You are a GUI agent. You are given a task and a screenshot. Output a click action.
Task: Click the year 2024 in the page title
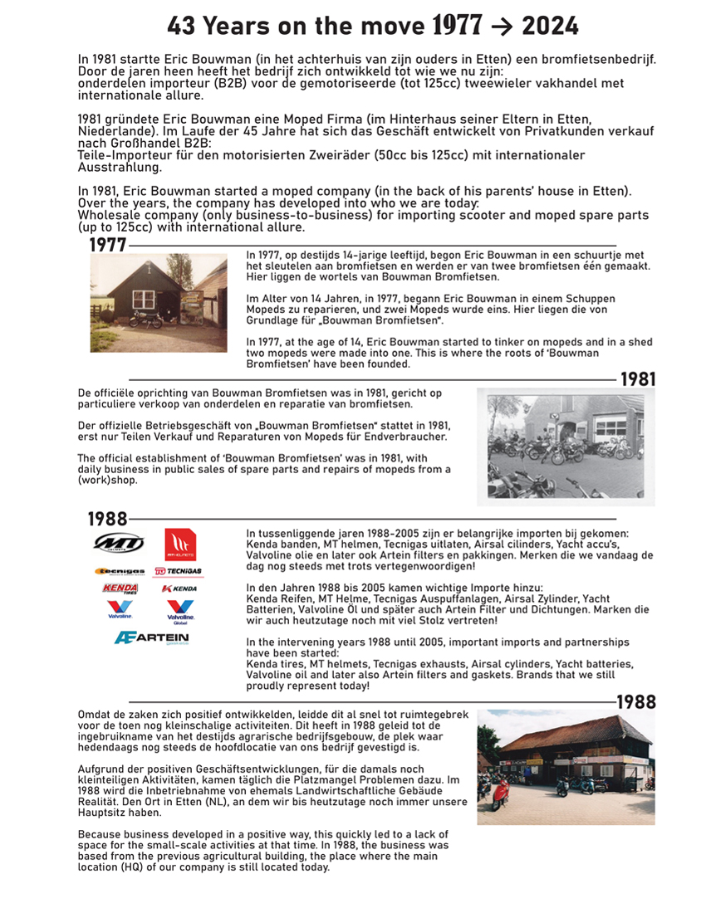(550, 26)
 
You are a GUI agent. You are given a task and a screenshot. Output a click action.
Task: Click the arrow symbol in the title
(503, 27)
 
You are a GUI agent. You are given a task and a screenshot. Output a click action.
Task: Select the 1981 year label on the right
(638, 379)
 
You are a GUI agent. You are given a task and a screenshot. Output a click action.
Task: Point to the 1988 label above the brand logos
(108, 520)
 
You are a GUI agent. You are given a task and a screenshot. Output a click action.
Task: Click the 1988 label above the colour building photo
(635, 702)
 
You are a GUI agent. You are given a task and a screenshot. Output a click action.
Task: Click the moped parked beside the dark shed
(145, 317)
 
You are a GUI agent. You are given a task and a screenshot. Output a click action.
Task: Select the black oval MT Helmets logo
(120, 544)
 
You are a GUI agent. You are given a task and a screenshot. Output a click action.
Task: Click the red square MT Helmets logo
(180, 544)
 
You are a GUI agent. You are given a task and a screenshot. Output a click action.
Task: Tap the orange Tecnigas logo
(120, 572)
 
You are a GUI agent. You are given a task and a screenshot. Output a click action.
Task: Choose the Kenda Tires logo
(120, 588)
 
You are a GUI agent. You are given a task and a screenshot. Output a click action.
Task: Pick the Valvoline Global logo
(180, 612)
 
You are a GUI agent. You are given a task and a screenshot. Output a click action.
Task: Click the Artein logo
(151, 638)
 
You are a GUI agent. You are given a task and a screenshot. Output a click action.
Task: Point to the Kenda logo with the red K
(179, 588)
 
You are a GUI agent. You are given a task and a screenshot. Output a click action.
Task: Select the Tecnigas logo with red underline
(179, 572)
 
